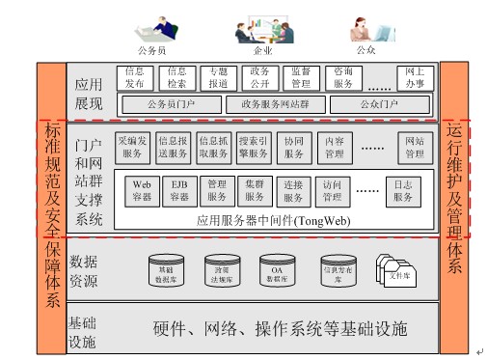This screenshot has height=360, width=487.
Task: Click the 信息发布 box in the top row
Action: click(x=134, y=77)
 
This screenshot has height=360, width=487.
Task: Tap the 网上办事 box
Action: click(x=415, y=77)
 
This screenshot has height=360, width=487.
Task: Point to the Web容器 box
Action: click(x=142, y=190)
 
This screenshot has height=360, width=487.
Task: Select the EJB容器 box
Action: click(x=178, y=190)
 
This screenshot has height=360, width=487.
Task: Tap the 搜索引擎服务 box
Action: click(x=255, y=146)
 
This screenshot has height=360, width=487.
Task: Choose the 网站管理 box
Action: click(x=414, y=146)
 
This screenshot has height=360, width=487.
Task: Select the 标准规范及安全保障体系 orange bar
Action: click(x=51, y=212)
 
